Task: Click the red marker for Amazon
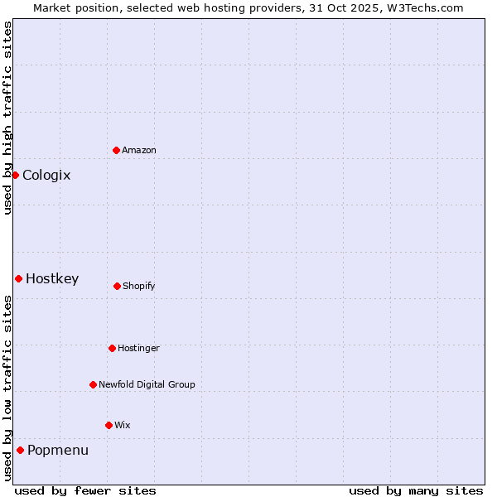116,150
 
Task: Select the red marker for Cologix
15,175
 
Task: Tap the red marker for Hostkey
18,278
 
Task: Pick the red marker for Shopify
117,286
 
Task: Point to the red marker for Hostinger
112,348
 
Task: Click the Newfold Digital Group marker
93,384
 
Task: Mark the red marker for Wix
109,425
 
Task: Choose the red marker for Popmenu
20,450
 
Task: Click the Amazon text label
139,151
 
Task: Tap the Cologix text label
46,176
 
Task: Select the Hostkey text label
52,279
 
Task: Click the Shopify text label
139,287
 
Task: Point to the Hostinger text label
138,349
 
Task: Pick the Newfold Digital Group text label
147,385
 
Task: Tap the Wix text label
123,426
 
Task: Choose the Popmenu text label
58,451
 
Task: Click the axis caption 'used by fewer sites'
85,490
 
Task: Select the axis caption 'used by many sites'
416,490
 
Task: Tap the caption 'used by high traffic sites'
7,118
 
